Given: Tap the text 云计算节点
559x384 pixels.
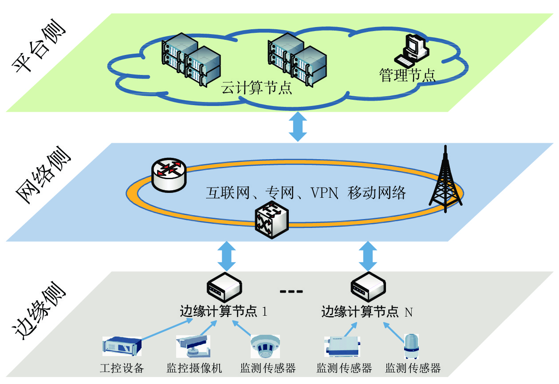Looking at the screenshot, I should coord(256,87).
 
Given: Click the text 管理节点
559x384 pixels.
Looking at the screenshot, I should coord(407,74).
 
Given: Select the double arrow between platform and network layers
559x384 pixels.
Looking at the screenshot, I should coord(298,126).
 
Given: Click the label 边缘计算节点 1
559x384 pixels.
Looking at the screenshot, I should coord(224,311).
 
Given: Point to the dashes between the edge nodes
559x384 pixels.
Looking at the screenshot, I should coord(291,291).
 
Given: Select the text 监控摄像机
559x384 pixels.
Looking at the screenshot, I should coord(194,368).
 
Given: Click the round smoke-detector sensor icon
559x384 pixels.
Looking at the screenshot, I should coord(265,345).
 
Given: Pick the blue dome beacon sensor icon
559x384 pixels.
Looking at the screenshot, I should coord(411,345).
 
